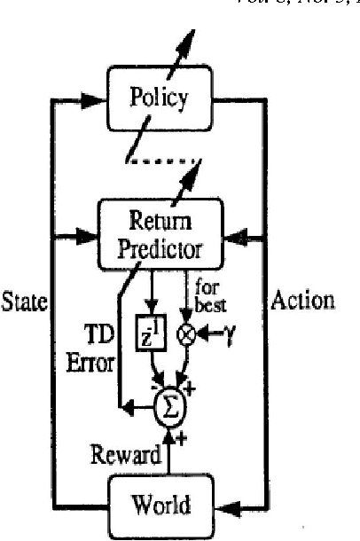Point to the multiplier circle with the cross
coord(186,336)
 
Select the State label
coord(24,301)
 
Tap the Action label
coord(302,301)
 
